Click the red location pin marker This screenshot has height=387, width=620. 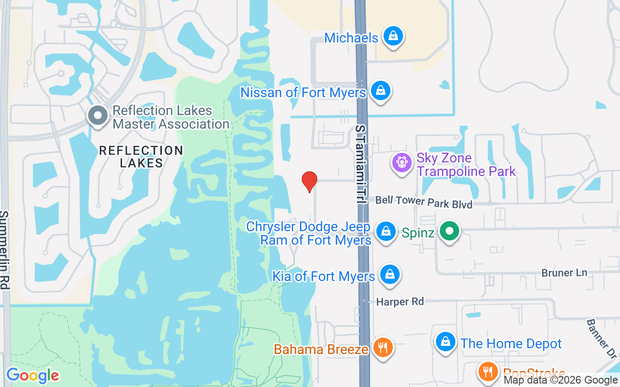[x=309, y=181]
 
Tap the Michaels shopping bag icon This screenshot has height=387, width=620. [x=393, y=36]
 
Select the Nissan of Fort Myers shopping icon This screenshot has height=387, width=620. [x=381, y=90]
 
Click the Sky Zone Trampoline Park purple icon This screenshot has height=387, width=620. [x=402, y=163]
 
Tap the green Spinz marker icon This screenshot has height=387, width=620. [x=449, y=232]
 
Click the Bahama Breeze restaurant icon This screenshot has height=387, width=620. [x=383, y=347]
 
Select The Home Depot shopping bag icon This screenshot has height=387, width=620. [x=445, y=342]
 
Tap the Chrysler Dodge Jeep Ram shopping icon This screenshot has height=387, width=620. [x=386, y=232]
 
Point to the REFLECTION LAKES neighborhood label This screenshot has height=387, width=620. [x=141, y=157]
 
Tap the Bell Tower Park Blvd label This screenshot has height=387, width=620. [x=423, y=202]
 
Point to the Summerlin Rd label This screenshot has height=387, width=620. [x=4, y=250]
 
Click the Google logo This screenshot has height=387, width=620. [x=32, y=375]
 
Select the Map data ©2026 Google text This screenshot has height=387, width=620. [x=560, y=380]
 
